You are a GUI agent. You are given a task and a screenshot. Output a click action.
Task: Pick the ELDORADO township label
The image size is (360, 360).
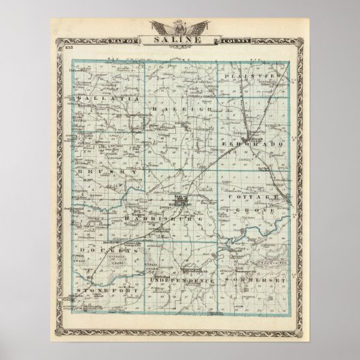pyautogui.click(x=256, y=145)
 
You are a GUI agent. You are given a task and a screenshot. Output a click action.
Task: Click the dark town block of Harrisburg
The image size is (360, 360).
pyautogui.click(x=178, y=201)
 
